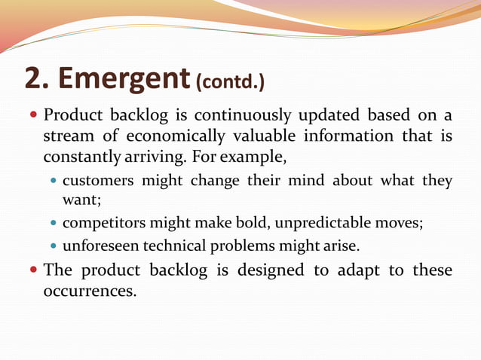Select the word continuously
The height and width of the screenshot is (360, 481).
tap(243, 116)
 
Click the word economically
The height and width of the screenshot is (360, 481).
tap(175, 136)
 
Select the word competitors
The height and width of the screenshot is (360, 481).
tap(104, 224)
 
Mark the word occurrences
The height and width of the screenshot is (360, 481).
tap(90, 291)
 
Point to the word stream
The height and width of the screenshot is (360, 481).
tap(67, 136)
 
